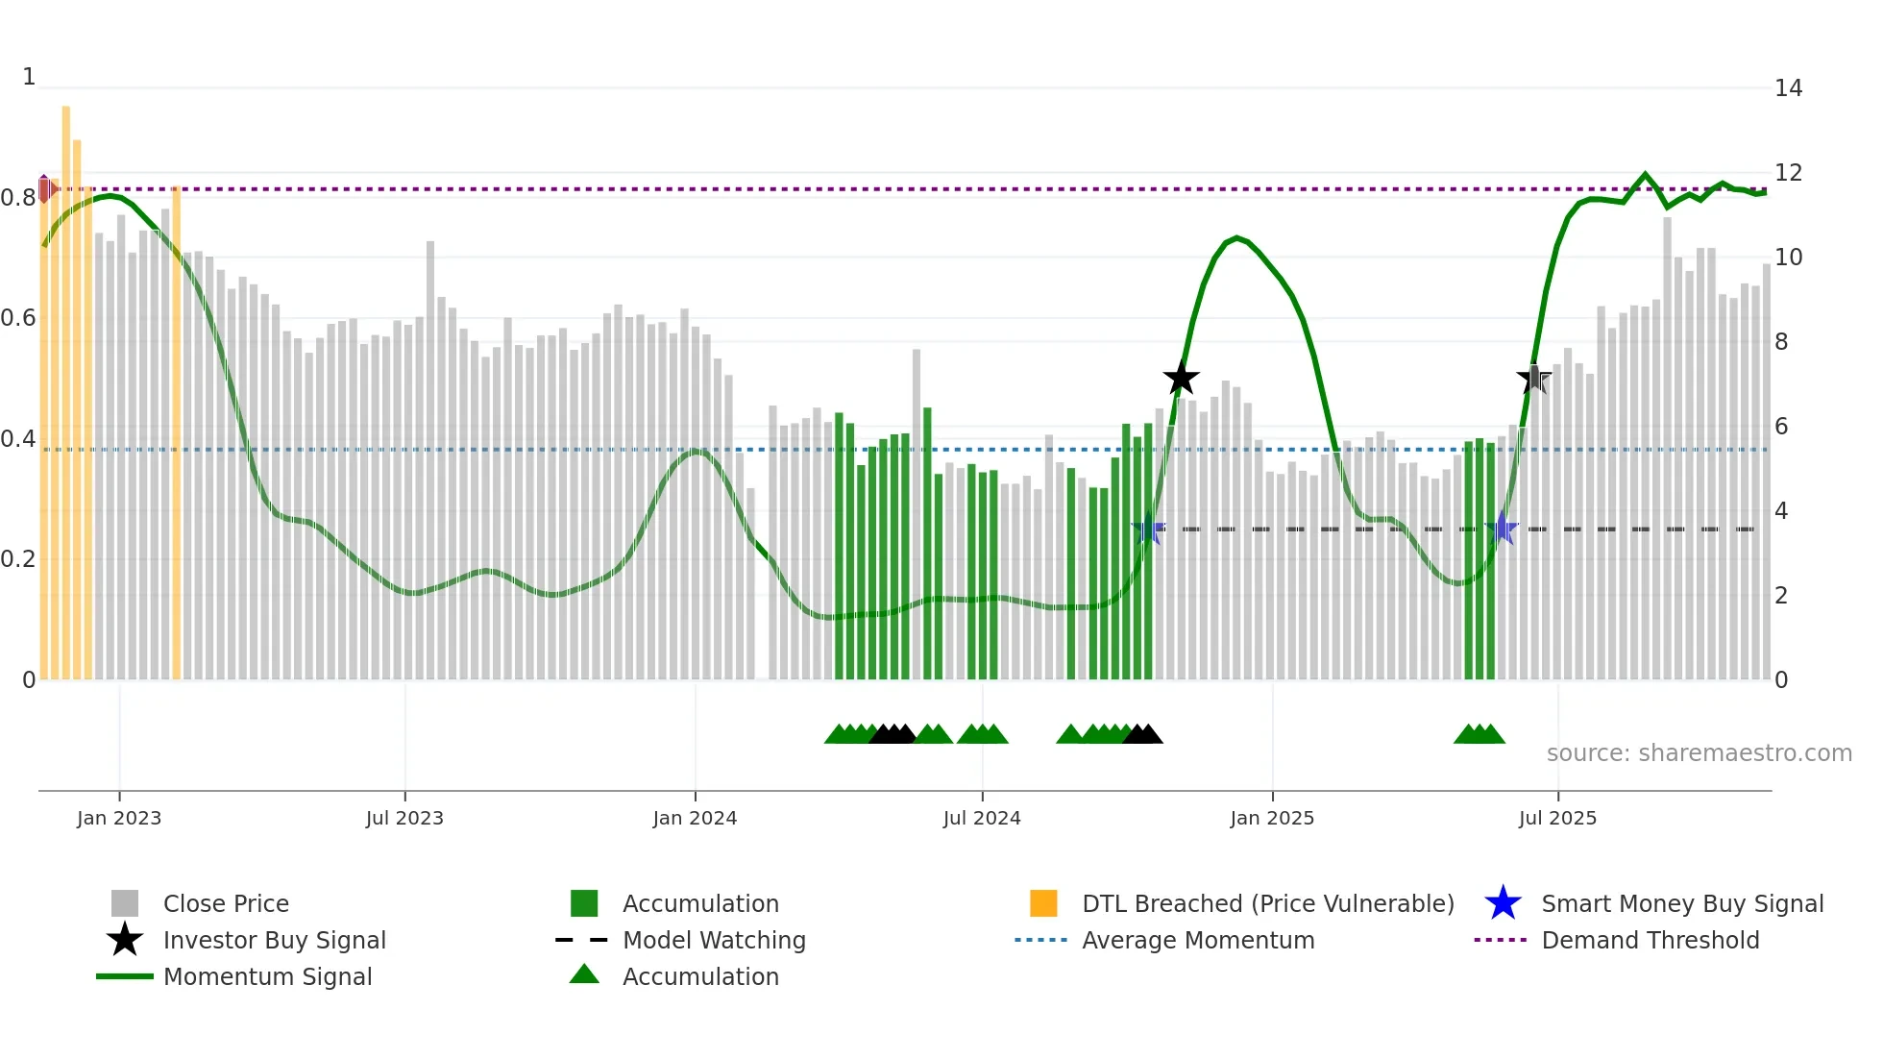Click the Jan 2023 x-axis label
coord(119,818)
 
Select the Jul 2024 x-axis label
coord(982,818)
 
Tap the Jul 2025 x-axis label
coord(1557,818)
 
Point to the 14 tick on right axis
coord(1788,88)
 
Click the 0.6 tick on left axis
coord(18,318)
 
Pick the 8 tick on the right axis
coord(1781,342)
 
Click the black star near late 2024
coord(1181,379)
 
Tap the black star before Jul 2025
coord(1534,379)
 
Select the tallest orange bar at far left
coord(66,384)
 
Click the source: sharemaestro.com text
coord(1699,753)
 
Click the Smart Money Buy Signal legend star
coord(1503,903)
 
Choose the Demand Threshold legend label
coord(1650,940)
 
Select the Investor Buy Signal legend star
coord(125,940)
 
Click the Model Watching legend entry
coord(714,940)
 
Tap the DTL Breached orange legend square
coord(1043,903)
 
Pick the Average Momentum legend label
coord(1198,940)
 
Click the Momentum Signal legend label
coord(267,976)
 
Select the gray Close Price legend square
coord(125,903)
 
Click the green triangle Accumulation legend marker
coord(584,975)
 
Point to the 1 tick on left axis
coord(29,77)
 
